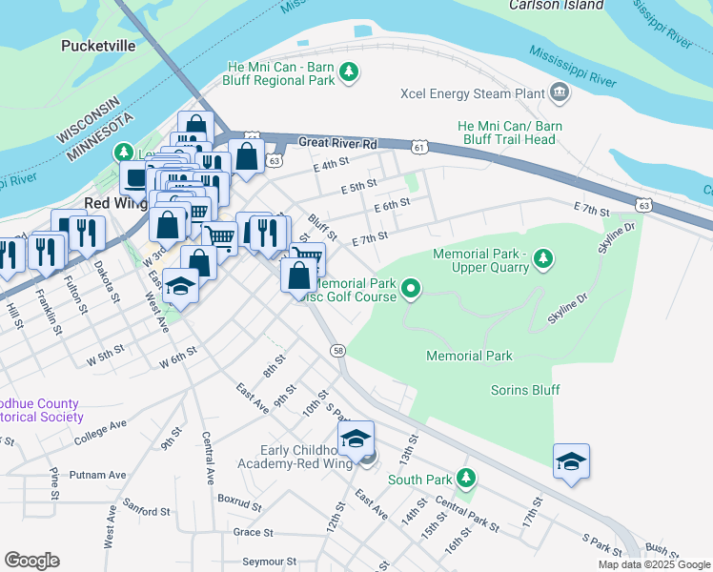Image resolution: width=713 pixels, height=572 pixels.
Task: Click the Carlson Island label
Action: click(x=557, y=5)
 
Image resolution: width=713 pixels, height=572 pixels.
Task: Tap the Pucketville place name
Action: click(x=99, y=45)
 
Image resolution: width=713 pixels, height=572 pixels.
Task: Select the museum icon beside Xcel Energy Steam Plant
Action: click(x=559, y=93)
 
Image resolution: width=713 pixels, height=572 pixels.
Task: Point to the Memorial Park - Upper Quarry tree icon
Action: click(x=542, y=256)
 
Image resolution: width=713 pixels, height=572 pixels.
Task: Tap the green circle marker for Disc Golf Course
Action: click(x=411, y=287)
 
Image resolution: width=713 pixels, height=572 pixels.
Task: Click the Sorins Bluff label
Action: click(x=525, y=390)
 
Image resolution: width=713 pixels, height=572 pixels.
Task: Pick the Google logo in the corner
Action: click(x=31, y=560)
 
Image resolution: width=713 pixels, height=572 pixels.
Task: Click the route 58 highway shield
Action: click(x=338, y=352)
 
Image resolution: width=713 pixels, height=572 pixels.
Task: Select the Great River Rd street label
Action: click(x=337, y=143)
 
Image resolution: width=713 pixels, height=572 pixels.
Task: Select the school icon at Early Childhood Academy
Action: click(x=356, y=439)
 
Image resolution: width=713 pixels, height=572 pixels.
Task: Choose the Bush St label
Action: click(x=662, y=549)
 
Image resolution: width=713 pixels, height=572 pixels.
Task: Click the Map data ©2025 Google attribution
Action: click(x=655, y=564)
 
